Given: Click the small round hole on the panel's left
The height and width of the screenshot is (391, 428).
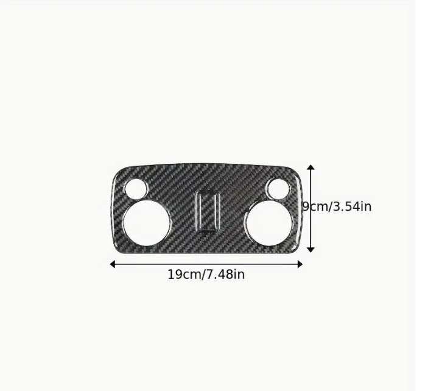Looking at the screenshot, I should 138,189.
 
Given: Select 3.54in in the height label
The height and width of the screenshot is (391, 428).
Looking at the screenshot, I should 350,206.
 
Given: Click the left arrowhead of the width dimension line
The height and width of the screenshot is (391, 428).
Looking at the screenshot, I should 113,264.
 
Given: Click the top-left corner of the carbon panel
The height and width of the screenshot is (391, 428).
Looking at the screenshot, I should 118,171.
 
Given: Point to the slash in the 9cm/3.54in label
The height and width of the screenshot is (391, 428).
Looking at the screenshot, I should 328,206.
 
